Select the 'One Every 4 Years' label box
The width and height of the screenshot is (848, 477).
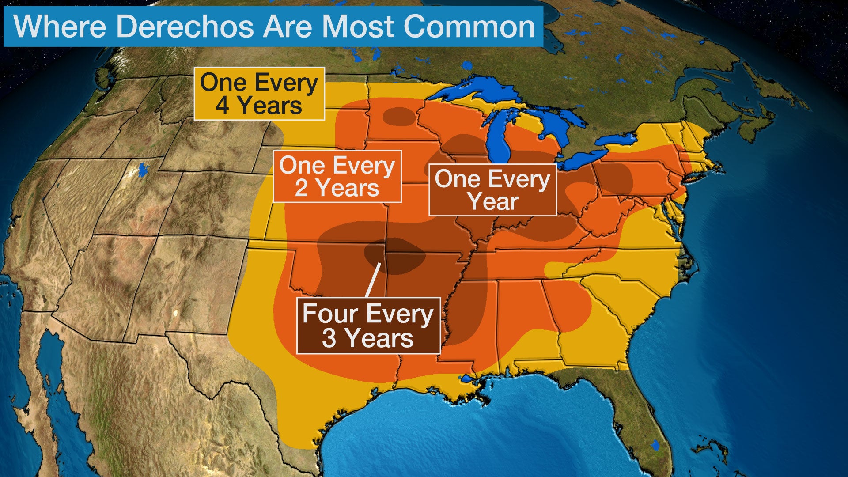[259, 94]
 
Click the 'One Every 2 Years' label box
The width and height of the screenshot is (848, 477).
[337, 176]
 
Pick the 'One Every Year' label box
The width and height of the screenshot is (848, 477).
[492, 190]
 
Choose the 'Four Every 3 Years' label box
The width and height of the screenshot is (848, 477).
[368, 326]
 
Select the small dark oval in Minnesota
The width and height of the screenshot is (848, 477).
[399, 116]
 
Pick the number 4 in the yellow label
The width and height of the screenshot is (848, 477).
[222, 106]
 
